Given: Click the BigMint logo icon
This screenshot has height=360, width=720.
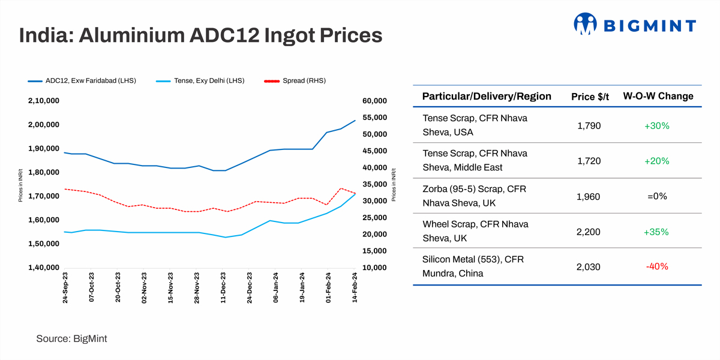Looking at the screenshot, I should pyautogui.click(x=586, y=24).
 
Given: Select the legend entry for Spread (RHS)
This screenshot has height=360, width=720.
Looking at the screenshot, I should pyautogui.click(x=304, y=80).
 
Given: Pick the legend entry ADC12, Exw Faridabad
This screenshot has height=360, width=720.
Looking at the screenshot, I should pyautogui.click(x=91, y=80).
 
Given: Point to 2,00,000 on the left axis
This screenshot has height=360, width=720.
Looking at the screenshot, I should pyautogui.click(x=43, y=125).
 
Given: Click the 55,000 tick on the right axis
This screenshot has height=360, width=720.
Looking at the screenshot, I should pyautogui.click(x=376, y=118).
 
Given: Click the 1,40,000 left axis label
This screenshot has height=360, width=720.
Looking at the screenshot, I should pyautogui.click(x=43, y=268).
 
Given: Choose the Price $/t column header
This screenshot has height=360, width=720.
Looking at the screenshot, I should pyautogui.click(x=590, y=97).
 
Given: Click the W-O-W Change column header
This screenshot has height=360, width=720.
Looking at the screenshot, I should pyautogui.click(x=658, y=97).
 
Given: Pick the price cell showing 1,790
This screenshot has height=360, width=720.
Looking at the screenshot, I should pyautogui.click(x=588, y=126).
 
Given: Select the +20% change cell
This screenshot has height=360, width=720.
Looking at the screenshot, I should pyautogui.click(x=657, y=161).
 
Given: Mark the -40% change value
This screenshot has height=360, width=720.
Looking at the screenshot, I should pyautogui.click(x=657, y=267).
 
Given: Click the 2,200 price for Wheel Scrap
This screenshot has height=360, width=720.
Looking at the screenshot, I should pyautogui.click(x=588, y=232).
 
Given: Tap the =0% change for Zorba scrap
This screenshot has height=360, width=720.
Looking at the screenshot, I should pyautogui.click(x=657, y=196).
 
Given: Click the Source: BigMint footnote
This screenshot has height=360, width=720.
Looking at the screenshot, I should pyautogui.click(x=71, y=339).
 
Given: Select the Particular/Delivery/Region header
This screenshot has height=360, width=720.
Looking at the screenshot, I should pyautogui.click(x=487, y=97).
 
